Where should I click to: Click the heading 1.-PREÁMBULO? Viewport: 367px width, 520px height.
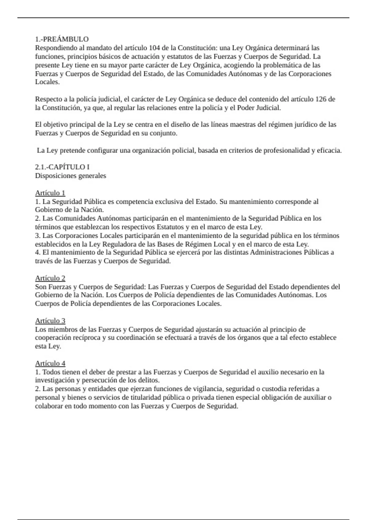click(x=62, y=39)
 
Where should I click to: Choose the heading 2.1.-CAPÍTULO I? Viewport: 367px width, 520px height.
click(x=62, y=167)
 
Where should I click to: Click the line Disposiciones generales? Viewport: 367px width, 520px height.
click(x=71, y=176)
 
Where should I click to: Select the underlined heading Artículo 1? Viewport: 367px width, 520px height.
click(x=50, y=193)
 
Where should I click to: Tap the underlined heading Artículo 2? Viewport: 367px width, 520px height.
click(x=50, y=278)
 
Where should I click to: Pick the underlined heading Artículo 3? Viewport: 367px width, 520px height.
click(x=50, y=321)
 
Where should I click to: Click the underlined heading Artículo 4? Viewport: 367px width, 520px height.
click(x=50, y=363)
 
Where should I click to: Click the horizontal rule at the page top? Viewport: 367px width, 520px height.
click(x=183, y=18)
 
